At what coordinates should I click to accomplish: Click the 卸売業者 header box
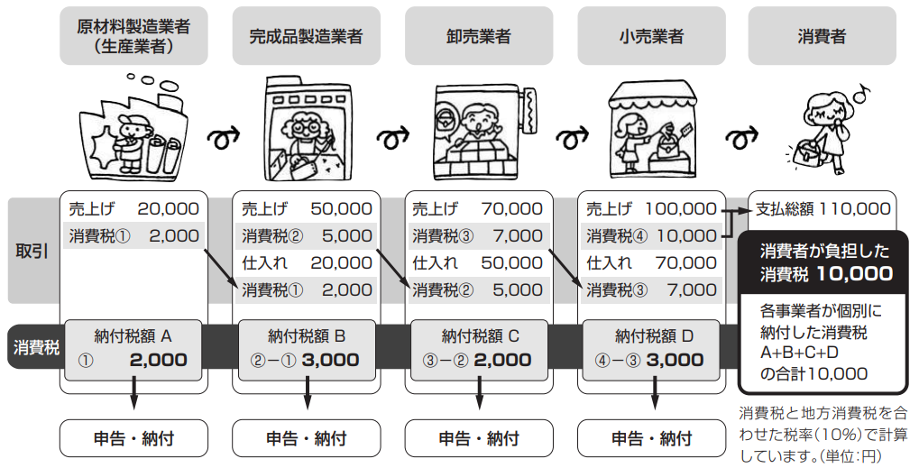point(479,35)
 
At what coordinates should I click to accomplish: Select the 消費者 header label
point(822,36)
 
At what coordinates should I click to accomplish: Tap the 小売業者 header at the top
point(651,35)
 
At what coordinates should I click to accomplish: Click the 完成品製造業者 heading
point(306,36)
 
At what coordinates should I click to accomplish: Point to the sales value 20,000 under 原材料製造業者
point(169,208)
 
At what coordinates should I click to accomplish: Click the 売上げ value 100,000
point(681,208)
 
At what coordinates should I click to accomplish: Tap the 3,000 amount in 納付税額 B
point(331,360)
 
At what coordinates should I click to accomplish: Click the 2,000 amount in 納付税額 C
point(503,360)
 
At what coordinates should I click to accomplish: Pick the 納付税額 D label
point(654,336)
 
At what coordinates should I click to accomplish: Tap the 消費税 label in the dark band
point(36,347)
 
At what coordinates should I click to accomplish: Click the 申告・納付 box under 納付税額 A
point(133,438)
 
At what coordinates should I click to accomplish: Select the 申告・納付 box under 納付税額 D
point(652,438)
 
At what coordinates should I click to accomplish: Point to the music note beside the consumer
point(861,92)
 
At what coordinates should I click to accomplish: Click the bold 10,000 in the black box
point(855,273)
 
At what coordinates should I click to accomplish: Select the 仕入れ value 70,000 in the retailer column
point(685,262)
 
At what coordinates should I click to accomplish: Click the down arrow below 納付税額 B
point(307,392)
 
